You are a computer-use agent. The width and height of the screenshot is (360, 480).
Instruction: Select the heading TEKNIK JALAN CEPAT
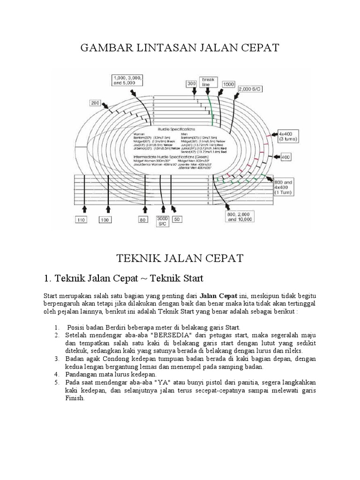pos(180,258)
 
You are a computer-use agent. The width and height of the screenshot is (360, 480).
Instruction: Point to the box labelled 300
pos(192,83)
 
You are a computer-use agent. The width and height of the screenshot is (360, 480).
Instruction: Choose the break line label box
pos(208,82)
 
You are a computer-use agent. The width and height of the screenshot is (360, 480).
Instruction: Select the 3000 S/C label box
pos(163,222)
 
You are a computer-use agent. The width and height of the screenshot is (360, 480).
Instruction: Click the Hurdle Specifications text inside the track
pos(178,128)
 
